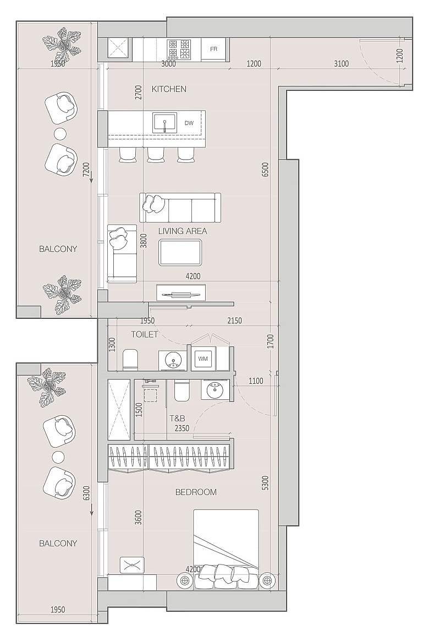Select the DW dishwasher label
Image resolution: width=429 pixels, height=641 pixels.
tap(189, 123)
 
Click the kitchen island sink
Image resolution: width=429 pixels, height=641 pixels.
tap(164, 123)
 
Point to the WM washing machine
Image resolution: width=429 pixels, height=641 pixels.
tap(203, 359)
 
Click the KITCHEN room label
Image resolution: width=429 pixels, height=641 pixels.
tap(169, 89)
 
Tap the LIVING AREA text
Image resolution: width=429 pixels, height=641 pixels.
tap(183, 231)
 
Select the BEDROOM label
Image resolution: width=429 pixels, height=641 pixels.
tap(196, 492)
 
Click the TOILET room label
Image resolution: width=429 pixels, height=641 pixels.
tap(145, 334)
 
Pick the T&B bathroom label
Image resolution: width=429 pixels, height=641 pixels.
tap(178, 419)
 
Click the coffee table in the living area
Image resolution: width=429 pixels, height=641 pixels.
tap(181, 253)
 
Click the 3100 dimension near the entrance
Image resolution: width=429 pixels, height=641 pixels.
tap(341, 64)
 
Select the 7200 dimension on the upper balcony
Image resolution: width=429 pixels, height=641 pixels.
tap(86, 169)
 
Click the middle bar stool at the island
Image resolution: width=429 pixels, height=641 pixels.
tap(155, 155)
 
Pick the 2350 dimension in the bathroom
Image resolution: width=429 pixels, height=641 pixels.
tap(182, 428)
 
